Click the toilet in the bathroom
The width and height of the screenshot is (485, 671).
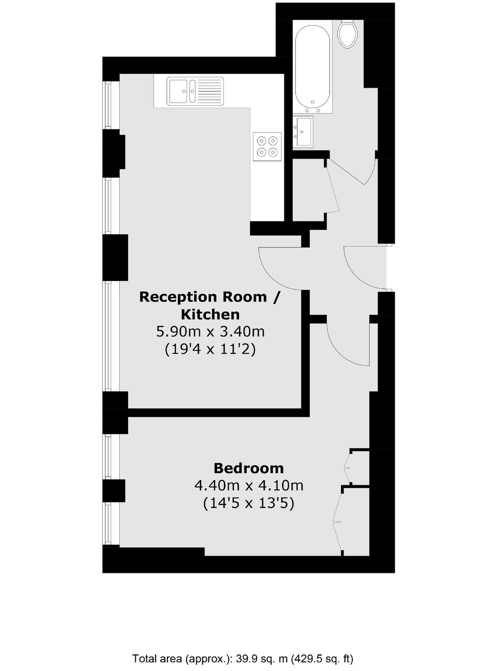(348, 34)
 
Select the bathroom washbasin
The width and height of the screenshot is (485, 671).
(303, 131)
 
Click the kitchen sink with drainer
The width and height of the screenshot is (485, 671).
(195, 91)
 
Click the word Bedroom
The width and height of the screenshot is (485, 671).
(248, 468)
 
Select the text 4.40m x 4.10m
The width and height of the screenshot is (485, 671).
(248, 485)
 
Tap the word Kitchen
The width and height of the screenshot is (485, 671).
(210, 314)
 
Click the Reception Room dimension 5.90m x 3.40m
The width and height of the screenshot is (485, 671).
(211, 331)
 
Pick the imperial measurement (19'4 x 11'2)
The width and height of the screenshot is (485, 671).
(211, 349)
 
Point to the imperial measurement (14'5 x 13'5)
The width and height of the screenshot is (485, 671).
(248, 503)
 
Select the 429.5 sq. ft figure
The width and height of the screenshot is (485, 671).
(322, 658)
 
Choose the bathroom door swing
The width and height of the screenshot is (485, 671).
(356, 173)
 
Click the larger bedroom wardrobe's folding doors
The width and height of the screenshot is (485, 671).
(337, 521)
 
